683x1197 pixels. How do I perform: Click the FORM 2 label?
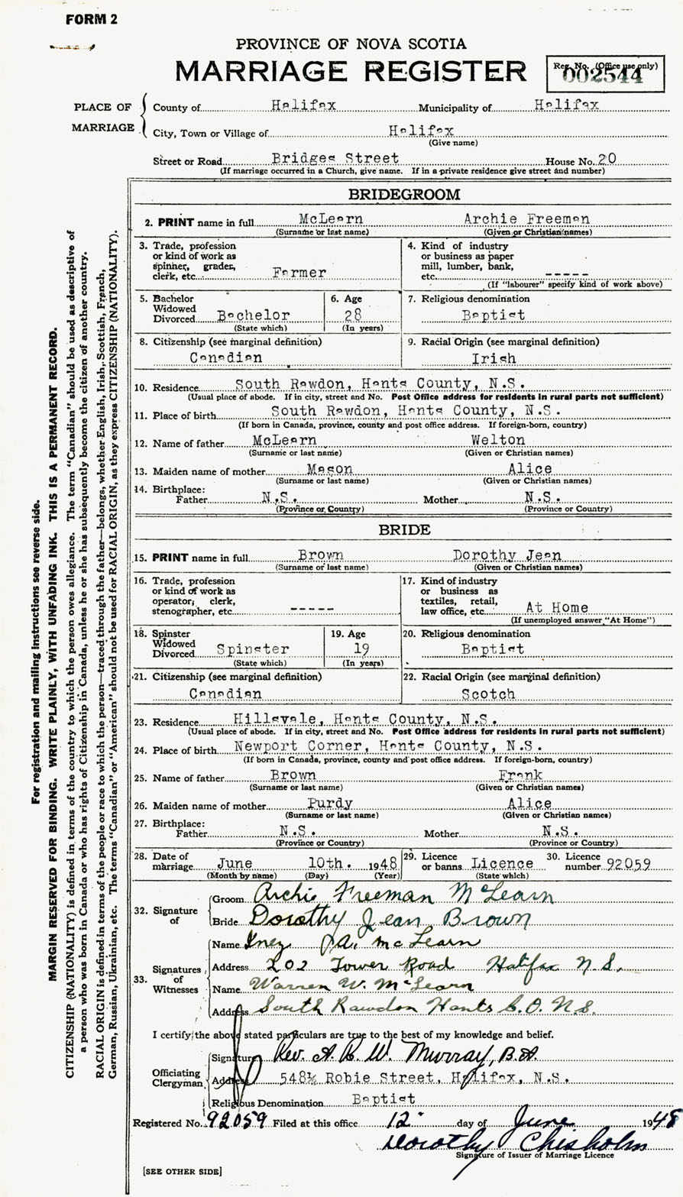(91, 20)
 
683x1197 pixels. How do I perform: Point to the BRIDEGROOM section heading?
(404, 194)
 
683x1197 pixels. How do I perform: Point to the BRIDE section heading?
(404, 529)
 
